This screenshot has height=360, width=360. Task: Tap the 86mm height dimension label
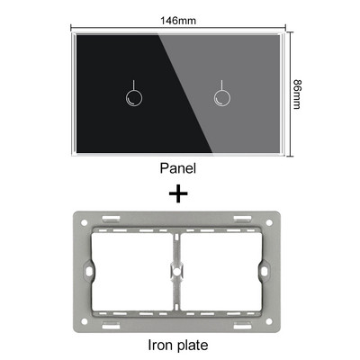pos(297,92)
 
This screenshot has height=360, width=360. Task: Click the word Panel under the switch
pos(177,167)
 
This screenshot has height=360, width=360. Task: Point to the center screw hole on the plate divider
pos(177,270)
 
